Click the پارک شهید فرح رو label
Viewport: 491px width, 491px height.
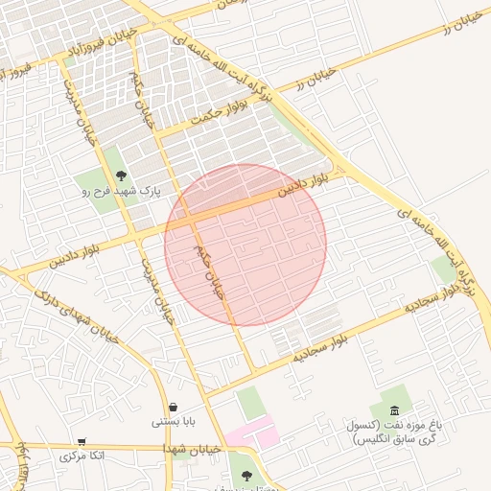point(121,192)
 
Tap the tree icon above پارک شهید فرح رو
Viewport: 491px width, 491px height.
point(121,175)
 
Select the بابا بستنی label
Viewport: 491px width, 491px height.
point(173,422)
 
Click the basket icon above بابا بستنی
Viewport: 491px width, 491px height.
point(173,407)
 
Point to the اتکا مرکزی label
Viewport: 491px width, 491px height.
point(81,456)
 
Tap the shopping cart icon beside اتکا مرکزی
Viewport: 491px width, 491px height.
point(81,442)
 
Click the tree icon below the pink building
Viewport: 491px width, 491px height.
point(247,475)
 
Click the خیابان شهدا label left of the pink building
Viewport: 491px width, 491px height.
point(193,449)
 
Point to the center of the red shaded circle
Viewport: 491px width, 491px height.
point(245,245)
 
